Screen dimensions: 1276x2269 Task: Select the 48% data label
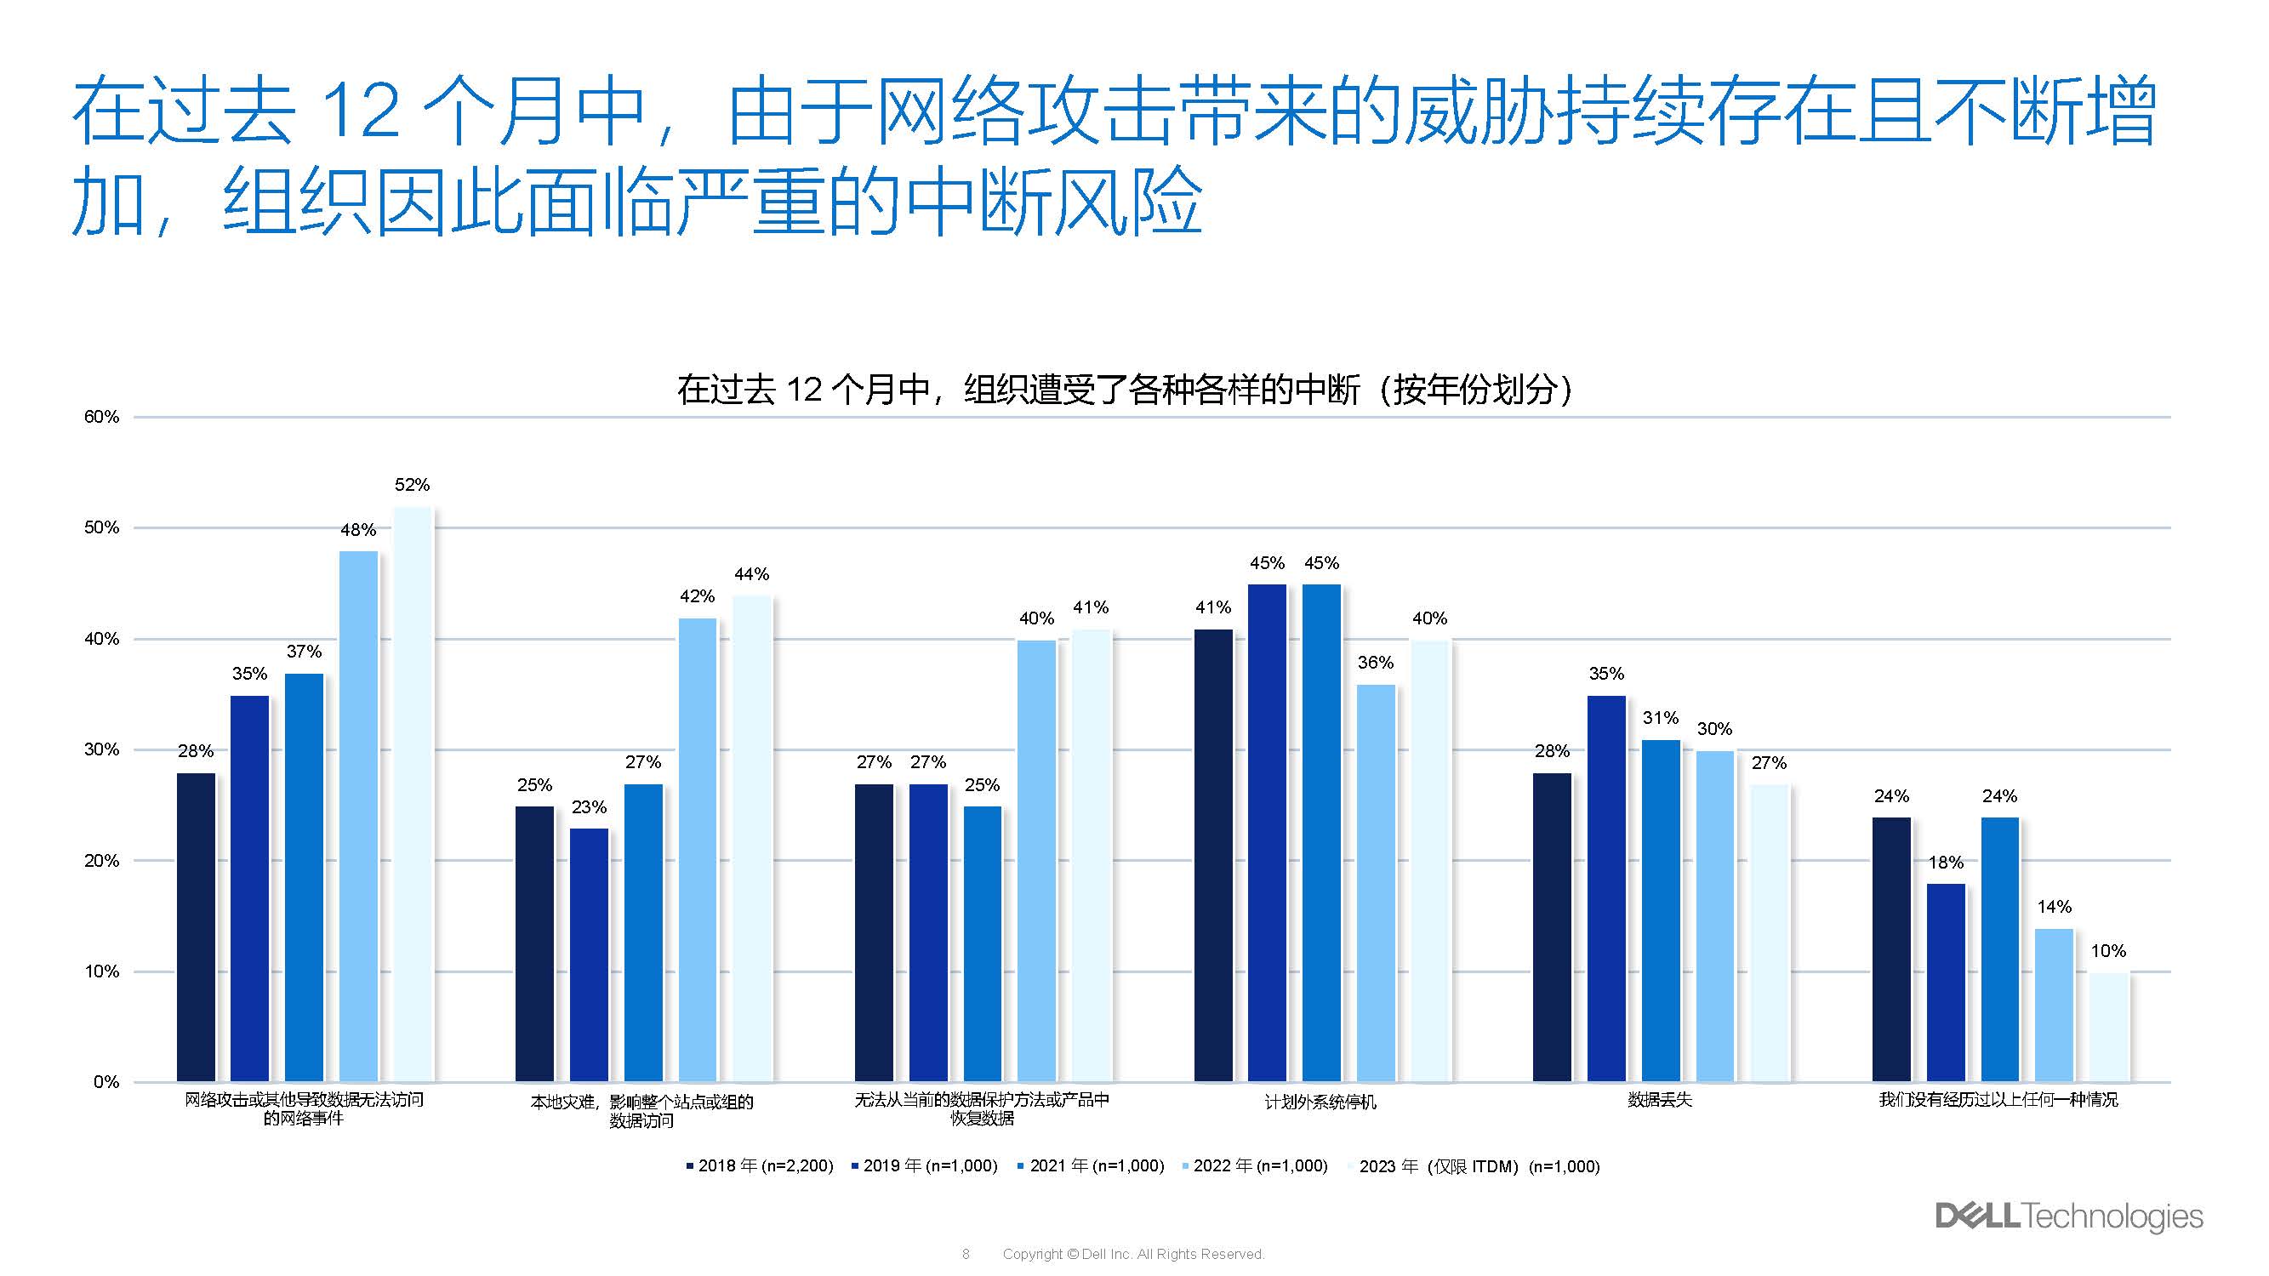(x=357, y=530)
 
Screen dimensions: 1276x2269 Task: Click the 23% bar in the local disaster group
(x=589, y=954)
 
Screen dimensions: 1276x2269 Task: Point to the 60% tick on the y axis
(x=101, y=418)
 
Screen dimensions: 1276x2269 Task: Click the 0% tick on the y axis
(x=105, y=1082)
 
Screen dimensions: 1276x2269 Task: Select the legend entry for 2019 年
(x=924, y=1166)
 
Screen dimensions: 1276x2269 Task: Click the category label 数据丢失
(x=1660, y=1100)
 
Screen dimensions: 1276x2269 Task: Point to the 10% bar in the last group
(x=2108, y=1027)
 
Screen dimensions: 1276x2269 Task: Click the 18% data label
(x=1945, y=863)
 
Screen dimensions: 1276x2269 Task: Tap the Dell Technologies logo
(x=2068, y=1216)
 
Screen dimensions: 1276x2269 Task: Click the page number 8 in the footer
(x=966, y=1254)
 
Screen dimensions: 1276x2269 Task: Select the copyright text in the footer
(x=1132, y=1254)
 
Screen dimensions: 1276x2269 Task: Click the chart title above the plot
(x=1125, y=390)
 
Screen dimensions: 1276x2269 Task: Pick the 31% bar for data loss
(x=1661, y=910)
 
